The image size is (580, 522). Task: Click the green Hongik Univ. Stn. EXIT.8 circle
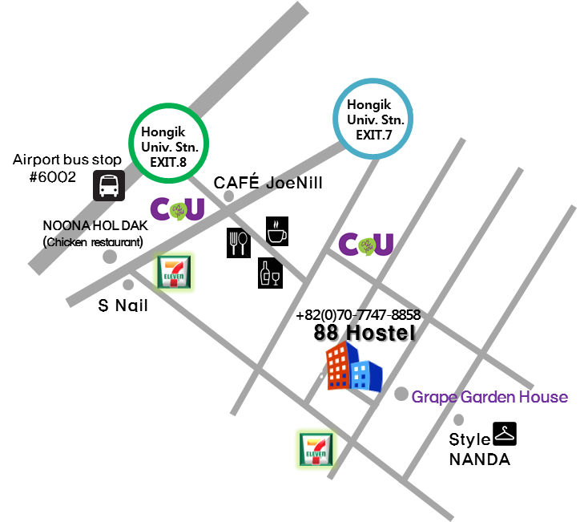169,143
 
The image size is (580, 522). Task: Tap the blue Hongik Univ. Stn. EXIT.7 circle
373,119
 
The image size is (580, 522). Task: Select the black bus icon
108,185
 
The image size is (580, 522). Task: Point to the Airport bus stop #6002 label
67,168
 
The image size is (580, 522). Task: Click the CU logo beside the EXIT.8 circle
178,208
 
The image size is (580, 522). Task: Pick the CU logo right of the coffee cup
365,244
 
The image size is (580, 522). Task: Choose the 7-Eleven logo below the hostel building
316,450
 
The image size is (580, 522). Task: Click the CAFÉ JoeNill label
268,183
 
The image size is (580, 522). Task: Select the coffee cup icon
277,231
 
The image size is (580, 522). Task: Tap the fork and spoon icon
239,242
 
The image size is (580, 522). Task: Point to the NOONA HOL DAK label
95,226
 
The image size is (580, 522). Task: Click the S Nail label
123,306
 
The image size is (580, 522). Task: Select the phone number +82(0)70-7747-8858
358,315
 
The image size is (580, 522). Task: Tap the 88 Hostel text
365,333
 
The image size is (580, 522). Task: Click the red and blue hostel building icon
353,368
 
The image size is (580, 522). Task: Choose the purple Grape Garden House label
489,397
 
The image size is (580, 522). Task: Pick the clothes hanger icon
505,434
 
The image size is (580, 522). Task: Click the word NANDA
479,459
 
